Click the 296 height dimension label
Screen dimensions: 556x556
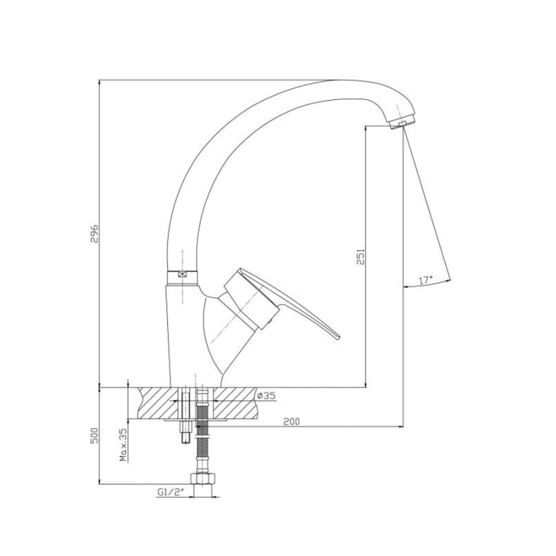[x=94, y=233]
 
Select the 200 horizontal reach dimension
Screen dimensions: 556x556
[x=292, y=421]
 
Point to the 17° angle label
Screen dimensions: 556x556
[x=426, y=280]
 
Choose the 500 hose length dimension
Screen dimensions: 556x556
[x=94, y=435]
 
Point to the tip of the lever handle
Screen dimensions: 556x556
[x=339, y=337]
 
